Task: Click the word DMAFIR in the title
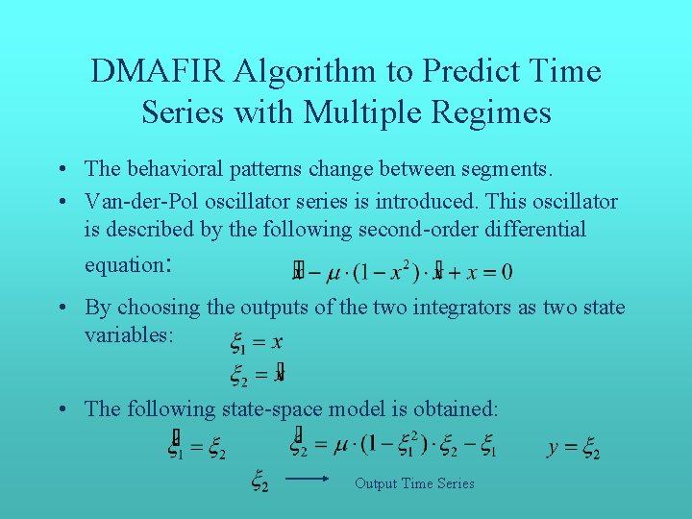coord(157,71)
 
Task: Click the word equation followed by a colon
coord(122,263)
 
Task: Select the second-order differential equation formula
coord(402,272)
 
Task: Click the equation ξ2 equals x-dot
coord(257,373)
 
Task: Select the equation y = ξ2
coord(574,448)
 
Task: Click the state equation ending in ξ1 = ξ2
coord(197,448)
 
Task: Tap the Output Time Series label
coord(414,483)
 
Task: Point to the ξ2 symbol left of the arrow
coord(259,479)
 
